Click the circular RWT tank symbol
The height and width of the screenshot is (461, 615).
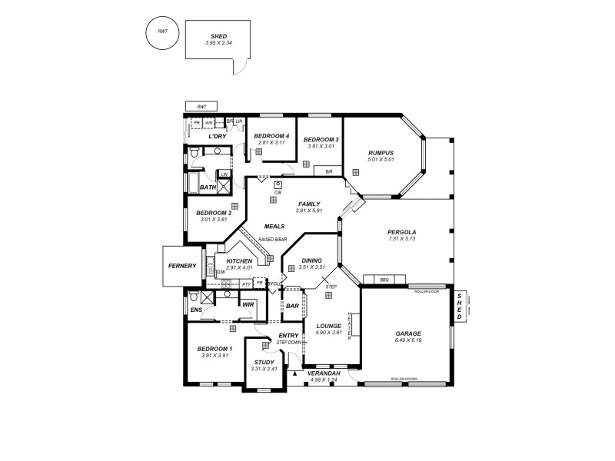[x=162, y=32]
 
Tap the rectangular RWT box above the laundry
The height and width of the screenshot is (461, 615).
[x=201, y=107]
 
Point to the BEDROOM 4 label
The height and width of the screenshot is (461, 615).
[x=271, y=136]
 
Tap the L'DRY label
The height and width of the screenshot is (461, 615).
[x=217, y=136]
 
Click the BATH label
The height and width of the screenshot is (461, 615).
[x=208, y=187]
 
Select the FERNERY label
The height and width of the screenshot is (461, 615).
[x=182, y=266]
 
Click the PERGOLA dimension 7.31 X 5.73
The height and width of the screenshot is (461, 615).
[x=401, y=239]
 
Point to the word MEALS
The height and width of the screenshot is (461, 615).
[x=274, y=227]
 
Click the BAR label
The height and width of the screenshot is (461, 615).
[x=292, y=306]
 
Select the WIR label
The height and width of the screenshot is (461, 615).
[x=248, y=304]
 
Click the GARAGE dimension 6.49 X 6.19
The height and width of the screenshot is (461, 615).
[x=407, y=341]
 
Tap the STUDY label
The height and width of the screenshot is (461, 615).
[x=263, y=363]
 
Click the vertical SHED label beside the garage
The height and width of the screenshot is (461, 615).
[x=459, y=307]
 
